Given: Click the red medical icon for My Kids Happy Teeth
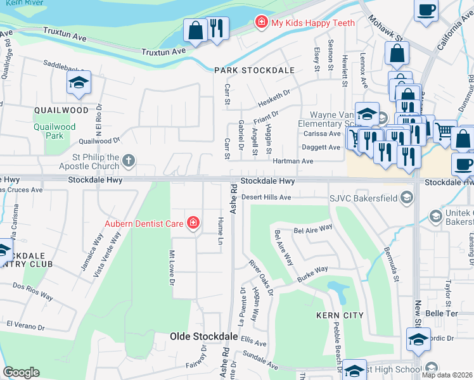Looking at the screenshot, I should click(x=260, y=23).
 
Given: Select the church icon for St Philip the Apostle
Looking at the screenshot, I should click(x=129, y=160).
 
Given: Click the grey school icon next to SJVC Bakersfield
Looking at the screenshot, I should click(x=406, y=198).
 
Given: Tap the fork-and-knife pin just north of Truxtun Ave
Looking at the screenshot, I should click(x=217, y=28).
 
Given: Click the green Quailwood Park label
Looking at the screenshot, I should click(x=55, y=131).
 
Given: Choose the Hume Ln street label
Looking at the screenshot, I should click(x=221, y=231).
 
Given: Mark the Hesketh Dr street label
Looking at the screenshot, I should click(x=274, y=98).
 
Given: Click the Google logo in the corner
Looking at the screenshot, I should click(x=21, y=372).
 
